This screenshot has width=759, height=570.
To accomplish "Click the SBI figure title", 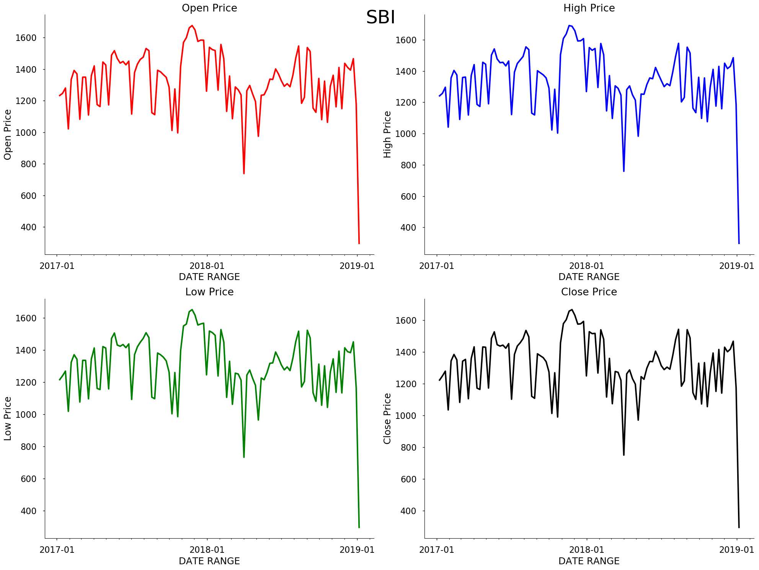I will tap(380, 18).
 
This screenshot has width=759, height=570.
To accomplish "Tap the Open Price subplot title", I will tap(209, 8).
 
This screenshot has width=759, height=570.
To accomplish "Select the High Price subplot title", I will tap(589, 8).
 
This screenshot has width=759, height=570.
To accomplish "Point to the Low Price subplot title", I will tap(209, 292).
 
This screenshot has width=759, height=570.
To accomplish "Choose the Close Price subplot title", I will tap(589, 292).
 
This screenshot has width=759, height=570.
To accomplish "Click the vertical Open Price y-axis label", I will tap(8, 135).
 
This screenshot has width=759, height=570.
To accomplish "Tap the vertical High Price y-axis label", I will tap(388, 135).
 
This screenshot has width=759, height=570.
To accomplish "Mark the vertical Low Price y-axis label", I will tap(8, 419).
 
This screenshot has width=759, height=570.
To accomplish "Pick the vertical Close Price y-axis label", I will tap(388, 419).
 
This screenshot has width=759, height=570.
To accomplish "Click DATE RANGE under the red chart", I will tap(209, 277).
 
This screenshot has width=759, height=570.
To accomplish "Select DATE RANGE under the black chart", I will tap(589, 561).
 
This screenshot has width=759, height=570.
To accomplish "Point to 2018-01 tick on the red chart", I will tap(207, 266).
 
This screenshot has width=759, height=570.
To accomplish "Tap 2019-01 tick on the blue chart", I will tap(737, 266).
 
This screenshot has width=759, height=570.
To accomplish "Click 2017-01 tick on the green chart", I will tap(57, 550).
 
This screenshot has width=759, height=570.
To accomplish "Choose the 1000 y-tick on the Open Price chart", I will tap(26, 133).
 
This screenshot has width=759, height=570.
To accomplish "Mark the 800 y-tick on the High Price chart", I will tap(408, 165).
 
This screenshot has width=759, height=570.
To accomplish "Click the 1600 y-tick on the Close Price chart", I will tap(406, 321).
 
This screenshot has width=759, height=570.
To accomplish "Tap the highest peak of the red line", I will tap(192, 26).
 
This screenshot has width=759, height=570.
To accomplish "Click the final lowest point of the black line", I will tap(739, 528).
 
